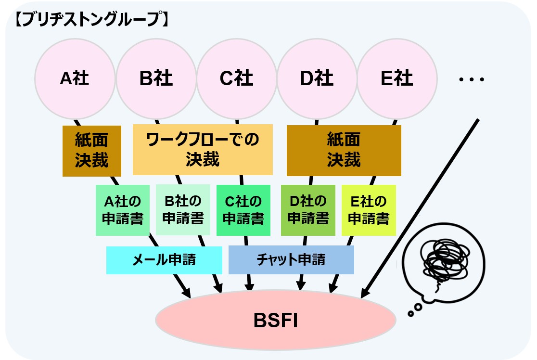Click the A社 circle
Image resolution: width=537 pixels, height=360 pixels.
coord(75,78)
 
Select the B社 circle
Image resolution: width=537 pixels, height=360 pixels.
coord(156,78)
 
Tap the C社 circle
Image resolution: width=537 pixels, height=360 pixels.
coord(236,78)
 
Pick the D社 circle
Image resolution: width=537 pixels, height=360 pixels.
coord(317,78)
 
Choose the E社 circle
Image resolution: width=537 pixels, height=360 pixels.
coord(397,78)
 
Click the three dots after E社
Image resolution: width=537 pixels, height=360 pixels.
coord(471,79)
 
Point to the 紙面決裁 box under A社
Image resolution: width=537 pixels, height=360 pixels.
coord(91,151)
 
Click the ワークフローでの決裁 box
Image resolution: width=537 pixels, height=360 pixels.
coord(203,149)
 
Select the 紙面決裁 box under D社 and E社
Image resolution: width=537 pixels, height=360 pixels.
coord(344,150)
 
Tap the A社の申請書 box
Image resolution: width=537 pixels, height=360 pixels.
coord(123,210)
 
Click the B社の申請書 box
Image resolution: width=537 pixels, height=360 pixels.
coord(183,210)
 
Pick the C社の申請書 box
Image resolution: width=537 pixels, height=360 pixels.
coord(243,210)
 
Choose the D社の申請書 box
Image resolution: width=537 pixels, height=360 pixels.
coord(308,210)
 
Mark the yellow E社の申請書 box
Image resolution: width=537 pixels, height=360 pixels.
coord(369,210)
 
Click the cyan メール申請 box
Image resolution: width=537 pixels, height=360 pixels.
coord(164,260)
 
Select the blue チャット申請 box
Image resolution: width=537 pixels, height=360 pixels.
coord(291,260)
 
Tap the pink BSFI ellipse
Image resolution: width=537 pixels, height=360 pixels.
coord(275,320)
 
